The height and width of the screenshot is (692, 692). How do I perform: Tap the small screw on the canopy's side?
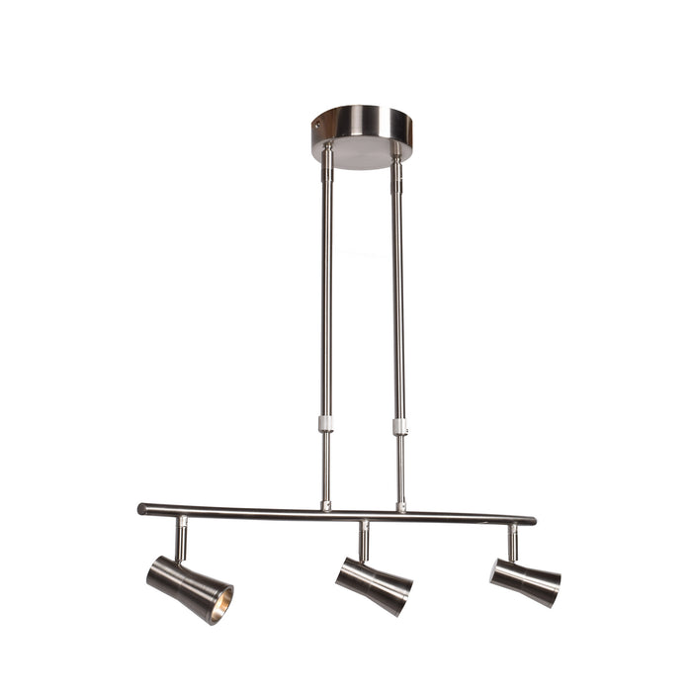317,125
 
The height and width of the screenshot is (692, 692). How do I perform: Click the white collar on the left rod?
325,424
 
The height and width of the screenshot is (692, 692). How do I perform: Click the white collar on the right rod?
399,426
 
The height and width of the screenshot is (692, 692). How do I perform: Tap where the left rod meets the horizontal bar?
325,506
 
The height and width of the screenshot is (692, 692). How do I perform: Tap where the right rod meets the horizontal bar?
400,508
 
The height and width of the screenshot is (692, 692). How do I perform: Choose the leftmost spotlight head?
188,588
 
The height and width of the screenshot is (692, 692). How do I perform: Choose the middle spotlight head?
373,584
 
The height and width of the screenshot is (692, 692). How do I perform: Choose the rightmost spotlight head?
524,581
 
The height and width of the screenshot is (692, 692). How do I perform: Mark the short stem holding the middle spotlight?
364,541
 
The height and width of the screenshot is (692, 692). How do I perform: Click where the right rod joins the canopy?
396,157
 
